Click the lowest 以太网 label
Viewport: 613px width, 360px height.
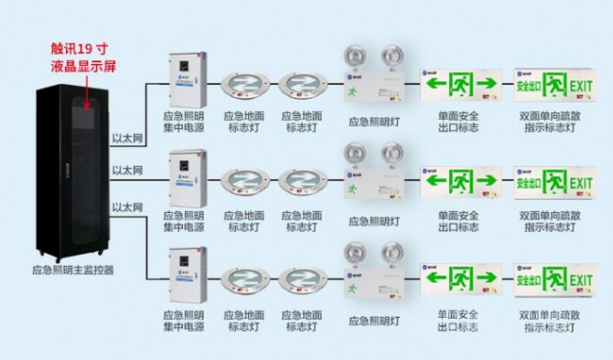point(126,206)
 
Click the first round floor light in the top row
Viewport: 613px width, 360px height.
point(244,85)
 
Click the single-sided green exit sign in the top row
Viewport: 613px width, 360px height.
point(460,86)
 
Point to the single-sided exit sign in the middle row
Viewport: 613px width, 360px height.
point(460,181)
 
